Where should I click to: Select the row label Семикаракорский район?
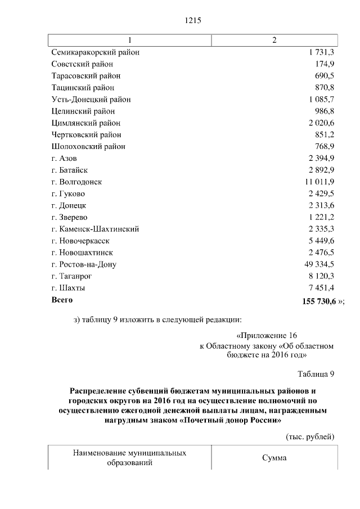coord(95,52)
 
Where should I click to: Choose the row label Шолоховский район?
coord(88,147)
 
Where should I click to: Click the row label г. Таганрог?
coord(71,276)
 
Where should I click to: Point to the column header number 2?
coord(274,40)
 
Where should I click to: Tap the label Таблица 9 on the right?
coord(316,373)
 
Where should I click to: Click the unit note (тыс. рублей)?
coord(310,436)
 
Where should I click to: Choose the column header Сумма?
coord(274,458)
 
